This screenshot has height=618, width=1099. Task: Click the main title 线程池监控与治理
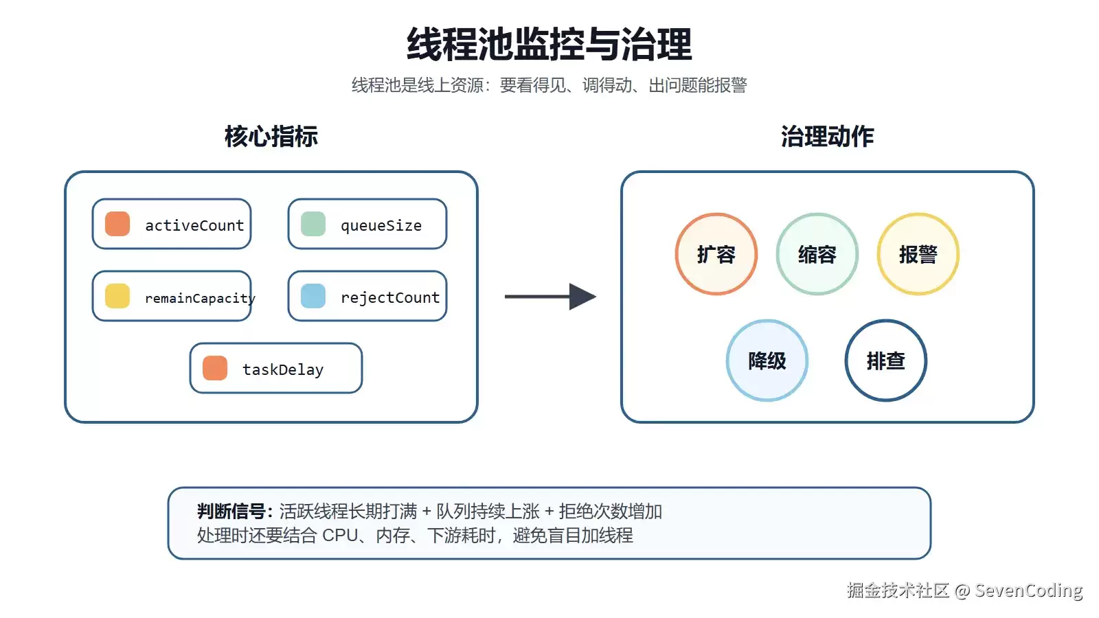click(x=549, y=44)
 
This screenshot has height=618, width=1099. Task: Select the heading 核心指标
click(x=271, y=137)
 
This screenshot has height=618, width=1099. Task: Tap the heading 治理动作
click(x=827, y=137)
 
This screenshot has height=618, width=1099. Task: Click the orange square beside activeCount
click(x=117, y=224)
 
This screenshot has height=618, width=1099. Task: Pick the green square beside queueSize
click(x=313, y=224)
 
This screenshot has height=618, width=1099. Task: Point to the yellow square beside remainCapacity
click(x=117, y=296)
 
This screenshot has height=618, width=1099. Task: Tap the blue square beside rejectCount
click(x=313, y=296)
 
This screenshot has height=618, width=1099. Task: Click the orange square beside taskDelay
click(x=215, y=368)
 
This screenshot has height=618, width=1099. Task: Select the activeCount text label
click(x=194, y=225)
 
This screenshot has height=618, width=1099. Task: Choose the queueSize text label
click(x=381, y=226)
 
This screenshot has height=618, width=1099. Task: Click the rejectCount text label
click(x=390, y=297)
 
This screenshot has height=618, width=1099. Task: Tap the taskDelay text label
click(x=283, y=370)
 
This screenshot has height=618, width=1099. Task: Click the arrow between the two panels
click(x=550, y=296)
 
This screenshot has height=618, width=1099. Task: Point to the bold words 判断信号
click(x=231, y=511)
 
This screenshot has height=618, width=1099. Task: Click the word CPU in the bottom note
click(x=340, y=535)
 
